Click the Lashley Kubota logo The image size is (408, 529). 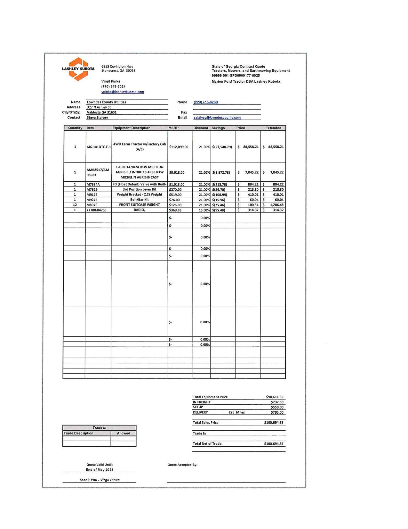(78, 69)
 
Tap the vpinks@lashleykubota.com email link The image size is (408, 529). (123, 92)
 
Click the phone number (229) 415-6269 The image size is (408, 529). (205, 102)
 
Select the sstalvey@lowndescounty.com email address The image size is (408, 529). (217, 118)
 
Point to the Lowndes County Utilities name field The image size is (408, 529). (107, 102)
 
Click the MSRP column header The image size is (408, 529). (173, 128)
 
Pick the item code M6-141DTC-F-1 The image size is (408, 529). (99, 147)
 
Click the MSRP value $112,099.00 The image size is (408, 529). (179, 147)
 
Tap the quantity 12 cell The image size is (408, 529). (75, 205)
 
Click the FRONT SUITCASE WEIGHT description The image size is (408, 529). (139, 205)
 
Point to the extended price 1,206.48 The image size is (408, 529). (276, 205)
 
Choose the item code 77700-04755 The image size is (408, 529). (96, 210)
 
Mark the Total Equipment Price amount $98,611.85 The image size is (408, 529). (275, 397)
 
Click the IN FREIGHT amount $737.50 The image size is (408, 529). (277, 402)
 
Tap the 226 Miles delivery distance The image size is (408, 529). (236, 412)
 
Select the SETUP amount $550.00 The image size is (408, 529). (277, 407)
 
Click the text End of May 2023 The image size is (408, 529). (100, 470)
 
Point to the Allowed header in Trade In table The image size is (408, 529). (124, 433)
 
